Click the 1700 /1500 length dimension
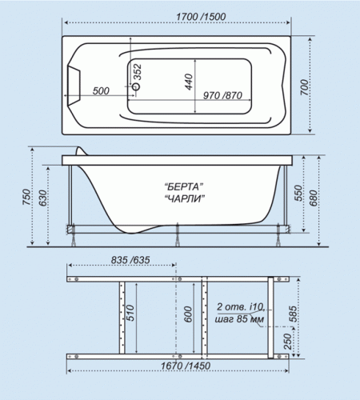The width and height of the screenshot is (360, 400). point(201,17)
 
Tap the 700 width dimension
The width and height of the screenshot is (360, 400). point(304,87)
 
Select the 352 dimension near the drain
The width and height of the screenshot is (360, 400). point(138,72)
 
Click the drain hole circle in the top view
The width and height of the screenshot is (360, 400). point(136,86)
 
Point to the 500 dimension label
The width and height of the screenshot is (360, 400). point(101,91)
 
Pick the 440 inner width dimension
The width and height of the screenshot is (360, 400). point(189,82)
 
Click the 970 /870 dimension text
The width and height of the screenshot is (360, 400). point(222,95)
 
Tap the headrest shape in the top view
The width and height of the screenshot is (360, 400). point(74,85)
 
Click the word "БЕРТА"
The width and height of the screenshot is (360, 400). point(184,186)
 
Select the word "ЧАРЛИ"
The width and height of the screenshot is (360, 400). point(185,198)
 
